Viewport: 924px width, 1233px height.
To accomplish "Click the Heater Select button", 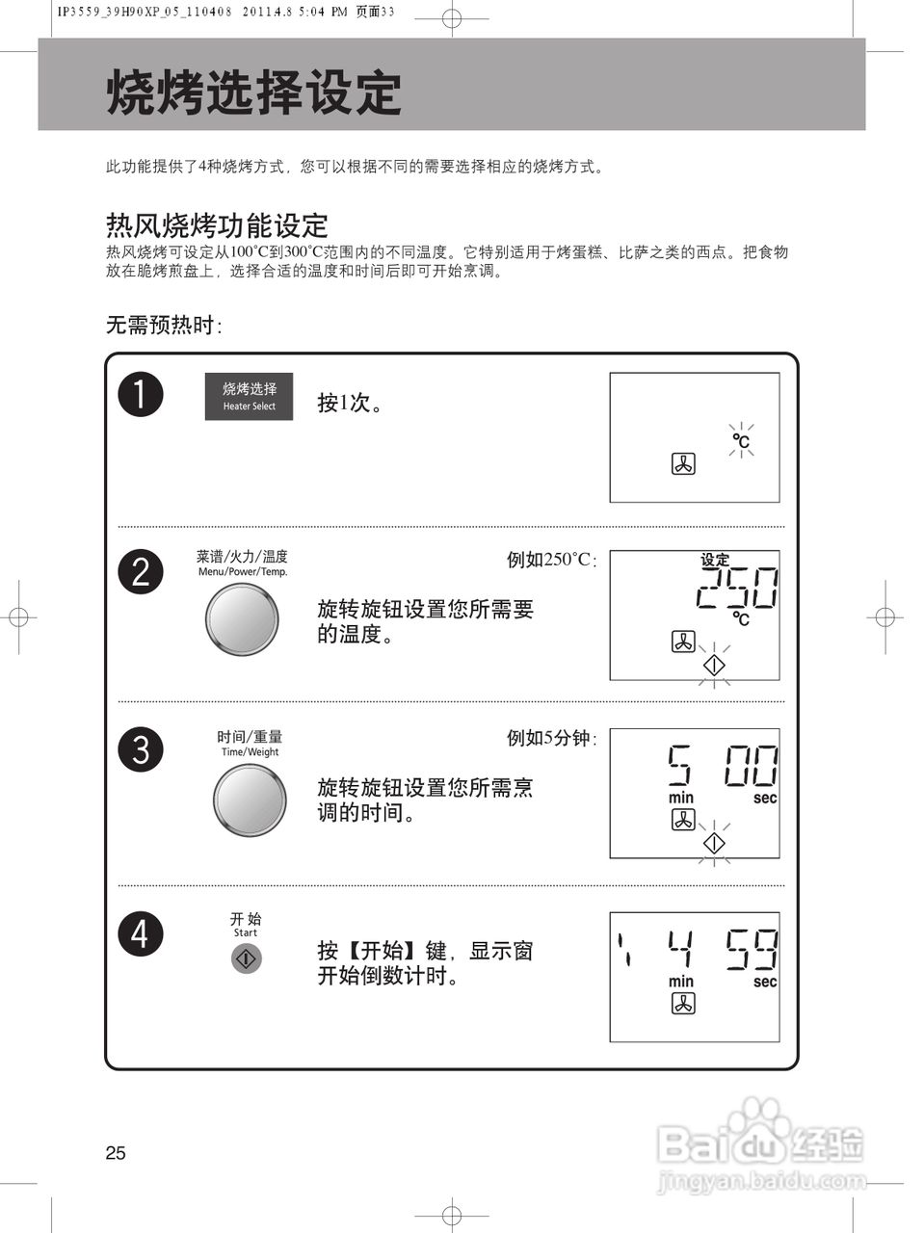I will (249, 396).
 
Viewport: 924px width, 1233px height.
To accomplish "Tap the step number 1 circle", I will (141, 395).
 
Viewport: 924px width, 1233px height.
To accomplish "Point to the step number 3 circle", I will (141, 749).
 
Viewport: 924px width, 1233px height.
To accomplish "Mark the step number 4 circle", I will (141, 933).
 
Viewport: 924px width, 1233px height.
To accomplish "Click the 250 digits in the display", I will (737, 588).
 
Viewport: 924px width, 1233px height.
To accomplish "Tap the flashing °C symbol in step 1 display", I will (741, 441).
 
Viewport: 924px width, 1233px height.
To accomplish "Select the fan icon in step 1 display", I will (683, 464).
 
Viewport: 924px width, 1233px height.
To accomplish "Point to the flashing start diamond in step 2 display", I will (714, 665).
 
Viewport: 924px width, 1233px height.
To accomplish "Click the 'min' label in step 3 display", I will (681, 798).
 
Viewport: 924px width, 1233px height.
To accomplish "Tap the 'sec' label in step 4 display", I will (765, 982).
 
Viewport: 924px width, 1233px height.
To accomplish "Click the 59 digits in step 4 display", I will (752, 950).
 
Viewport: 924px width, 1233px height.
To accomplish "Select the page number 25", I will (116, 1153).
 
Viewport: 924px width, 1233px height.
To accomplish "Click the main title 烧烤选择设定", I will (253, 93).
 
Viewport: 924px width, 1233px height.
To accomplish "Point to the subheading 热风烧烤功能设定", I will (217, 225).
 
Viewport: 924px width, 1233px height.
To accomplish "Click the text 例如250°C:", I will (551, 560).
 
